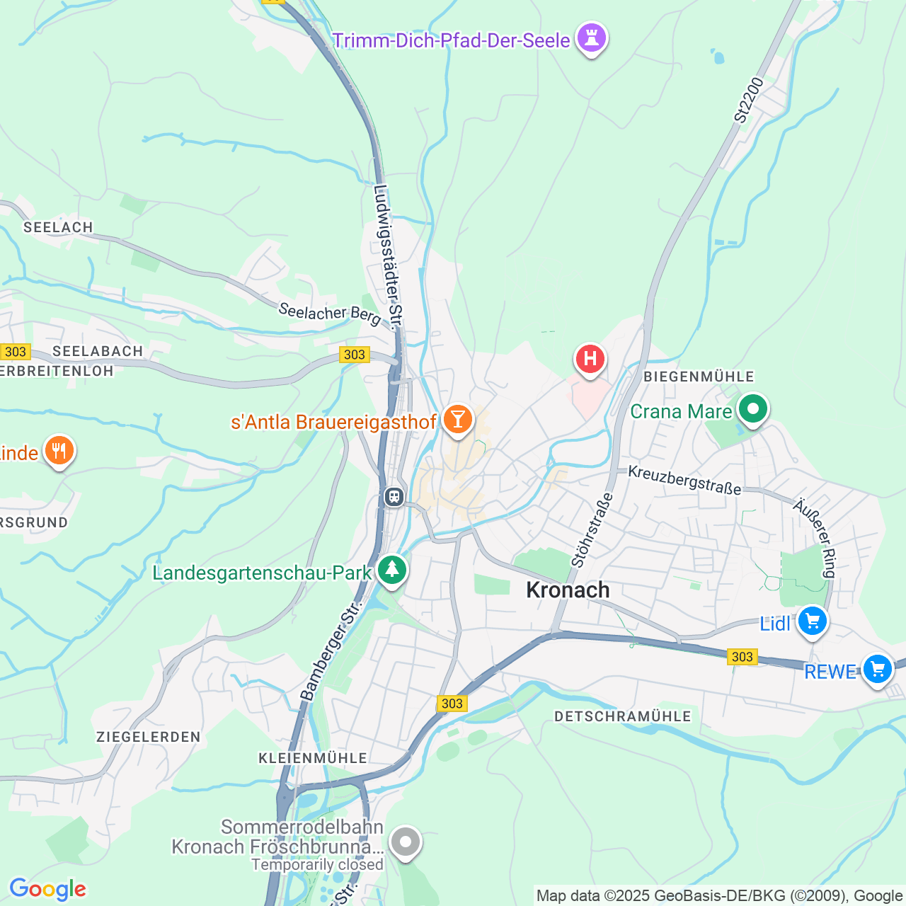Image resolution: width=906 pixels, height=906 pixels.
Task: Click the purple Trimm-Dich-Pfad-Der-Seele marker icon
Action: pyautogui.click(x=591, y=38)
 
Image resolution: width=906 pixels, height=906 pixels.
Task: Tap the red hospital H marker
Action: pyautogui.click(x=590, y=360)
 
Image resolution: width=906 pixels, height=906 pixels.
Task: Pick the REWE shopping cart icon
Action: pyautogui.click(x=877, y=669)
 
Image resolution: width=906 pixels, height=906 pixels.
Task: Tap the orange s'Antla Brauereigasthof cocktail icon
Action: pyautogui.click(x=457, y=420)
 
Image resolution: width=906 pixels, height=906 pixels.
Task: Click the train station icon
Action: pyautogui.click(x=394, y=497)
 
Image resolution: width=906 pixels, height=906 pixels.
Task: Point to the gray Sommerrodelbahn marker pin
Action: pyautogui.click(x=406, y=842)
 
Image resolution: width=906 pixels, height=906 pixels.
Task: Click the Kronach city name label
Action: pyautogui.click(x=568, y=590)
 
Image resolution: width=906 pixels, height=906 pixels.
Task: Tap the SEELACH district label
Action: pyautogui.click(x=58, y=227)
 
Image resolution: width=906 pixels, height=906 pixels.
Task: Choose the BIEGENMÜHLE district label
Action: pyautogui.click(x=699, y=377)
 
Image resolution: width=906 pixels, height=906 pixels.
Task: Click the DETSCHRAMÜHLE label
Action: pyautogui.click(x=623, y=716)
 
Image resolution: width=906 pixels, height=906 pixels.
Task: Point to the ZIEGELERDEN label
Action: pyautogui.click(x=149, y=737)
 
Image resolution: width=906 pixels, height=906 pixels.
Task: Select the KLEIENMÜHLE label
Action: pyautogui.click(x=313, y=758)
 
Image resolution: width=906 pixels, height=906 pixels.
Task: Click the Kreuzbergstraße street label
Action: pyautogui.click(x=684, y=480)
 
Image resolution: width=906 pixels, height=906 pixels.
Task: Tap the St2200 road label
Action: pyautogui.click(x=749, y=101)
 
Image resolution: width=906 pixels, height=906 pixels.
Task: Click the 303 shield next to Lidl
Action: pyautogui.click(x=742, y=657)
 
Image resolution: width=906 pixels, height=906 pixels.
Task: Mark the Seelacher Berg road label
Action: pyautogui.click(x=330, y=313)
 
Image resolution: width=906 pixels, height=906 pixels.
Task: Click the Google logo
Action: pyautogui.click(x=47, y=889)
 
